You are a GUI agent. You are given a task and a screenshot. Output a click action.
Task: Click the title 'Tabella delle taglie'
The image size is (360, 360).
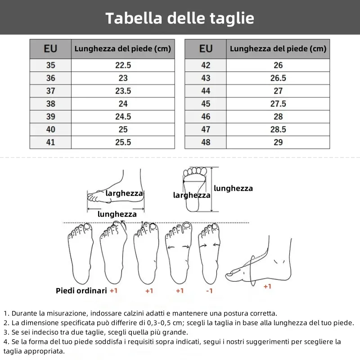[180, 18]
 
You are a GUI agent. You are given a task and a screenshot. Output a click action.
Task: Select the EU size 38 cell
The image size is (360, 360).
[50, 103]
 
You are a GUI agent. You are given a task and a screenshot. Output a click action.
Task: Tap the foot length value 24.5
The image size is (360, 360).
[123, 117]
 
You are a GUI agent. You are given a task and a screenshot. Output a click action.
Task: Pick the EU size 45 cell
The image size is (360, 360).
[206, 103]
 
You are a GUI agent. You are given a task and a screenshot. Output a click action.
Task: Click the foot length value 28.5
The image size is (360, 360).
[278, 130]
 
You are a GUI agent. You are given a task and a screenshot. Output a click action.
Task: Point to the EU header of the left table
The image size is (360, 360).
[50, 49]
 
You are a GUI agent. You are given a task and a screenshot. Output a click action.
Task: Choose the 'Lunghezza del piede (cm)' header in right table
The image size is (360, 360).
[278, 49]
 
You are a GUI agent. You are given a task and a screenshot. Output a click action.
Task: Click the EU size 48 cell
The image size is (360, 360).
[206, 142]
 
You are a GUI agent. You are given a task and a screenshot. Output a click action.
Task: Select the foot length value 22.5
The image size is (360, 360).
[123, 65]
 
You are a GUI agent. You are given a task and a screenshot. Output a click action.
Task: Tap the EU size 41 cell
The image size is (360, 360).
[50, 142]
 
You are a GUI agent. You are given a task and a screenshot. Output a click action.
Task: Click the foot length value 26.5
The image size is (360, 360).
[278, 78]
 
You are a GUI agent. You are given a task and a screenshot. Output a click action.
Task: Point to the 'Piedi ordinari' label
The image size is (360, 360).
[81, 291]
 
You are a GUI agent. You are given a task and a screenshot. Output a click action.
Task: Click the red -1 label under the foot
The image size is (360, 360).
[209, 291]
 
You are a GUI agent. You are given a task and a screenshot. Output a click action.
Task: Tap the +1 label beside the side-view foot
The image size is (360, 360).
[267, 286]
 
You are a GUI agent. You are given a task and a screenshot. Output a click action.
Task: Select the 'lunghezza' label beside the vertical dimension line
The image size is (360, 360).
[233, 189]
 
